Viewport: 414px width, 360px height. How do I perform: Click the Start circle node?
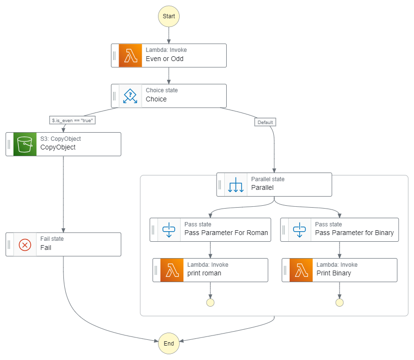click(x=169, y=16)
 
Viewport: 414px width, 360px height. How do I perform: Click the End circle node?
click(x=169, y=344)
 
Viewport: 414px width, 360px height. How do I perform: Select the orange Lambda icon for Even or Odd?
click(x=130, y=56)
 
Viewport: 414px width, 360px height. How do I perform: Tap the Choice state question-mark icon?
click(x=130, y=96)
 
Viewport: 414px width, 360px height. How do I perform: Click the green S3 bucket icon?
click(x=25, y=144)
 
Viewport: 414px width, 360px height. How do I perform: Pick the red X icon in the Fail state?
click(x=25, y=245)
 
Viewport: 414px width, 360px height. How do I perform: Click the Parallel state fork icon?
click(x=236, y=185)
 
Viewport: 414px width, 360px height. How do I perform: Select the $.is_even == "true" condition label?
click(x=72, y=121)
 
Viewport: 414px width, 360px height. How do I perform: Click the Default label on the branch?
click(x=265, y=122)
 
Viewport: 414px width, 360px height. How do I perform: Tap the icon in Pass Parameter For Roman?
click(x=169, y=230)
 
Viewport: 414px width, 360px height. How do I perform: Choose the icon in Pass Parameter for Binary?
click(x=299, y=230)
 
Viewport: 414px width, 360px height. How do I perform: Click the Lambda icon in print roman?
click(x=171, y=270)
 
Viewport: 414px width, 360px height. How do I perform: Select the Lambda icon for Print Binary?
click(x=301, y=270)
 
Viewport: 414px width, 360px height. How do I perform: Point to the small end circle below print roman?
click(x=210, y=302)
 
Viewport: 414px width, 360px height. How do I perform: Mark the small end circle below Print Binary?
click(x=340, y=302)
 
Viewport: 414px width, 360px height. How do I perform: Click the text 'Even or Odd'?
click(x=165, y=59)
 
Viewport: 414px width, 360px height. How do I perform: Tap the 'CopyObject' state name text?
click(x=58, y=148)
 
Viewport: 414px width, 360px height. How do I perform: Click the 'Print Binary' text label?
click(x=334, y=273)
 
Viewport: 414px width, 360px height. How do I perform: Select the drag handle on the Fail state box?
click(x=9, y=245)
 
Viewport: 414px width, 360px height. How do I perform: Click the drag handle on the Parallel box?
click(x=220, y=185)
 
